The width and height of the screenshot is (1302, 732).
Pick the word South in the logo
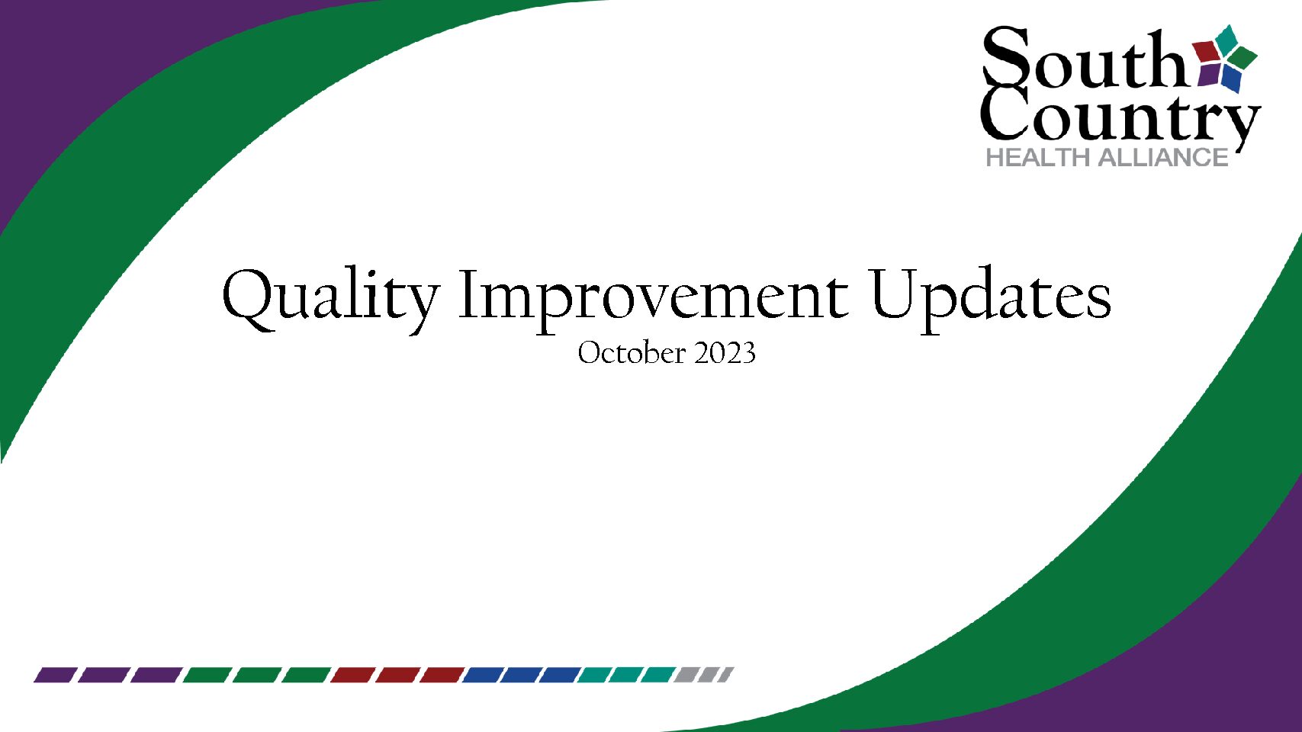click(1083, 57)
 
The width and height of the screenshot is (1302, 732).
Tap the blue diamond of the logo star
click(1231, 77)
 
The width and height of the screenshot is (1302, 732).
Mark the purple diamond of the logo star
click(1208, 75)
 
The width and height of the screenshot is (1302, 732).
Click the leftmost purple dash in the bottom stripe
click(55, 675)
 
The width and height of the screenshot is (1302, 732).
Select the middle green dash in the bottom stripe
click(256, 675)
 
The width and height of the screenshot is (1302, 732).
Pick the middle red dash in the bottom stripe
click(397, 675)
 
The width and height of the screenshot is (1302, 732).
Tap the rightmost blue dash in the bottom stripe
click(559, 675)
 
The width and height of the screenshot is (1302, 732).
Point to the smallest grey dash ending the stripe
click(726, 675)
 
